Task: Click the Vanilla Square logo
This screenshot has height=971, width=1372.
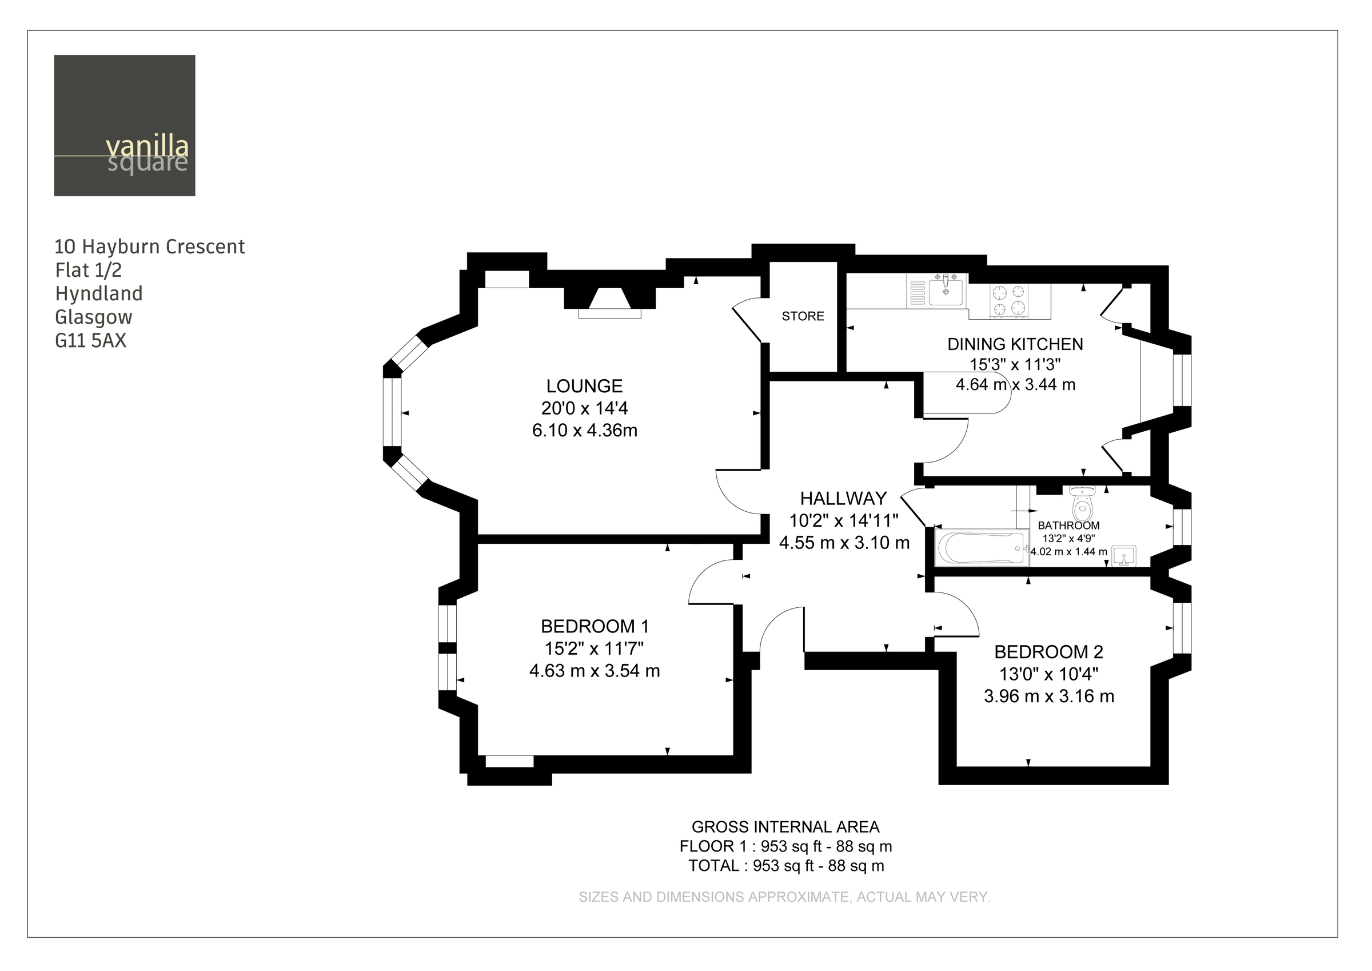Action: pos(124,126)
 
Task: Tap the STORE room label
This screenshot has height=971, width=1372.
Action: pos(803,316)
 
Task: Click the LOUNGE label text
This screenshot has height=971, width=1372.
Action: pos(584,386)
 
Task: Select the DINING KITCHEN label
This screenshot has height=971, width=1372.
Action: pos(1015,344)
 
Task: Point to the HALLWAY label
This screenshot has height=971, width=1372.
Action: pos(843,499)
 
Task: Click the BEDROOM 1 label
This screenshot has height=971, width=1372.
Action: pos(595,627)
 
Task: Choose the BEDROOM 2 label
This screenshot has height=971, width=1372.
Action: pos(1048,652)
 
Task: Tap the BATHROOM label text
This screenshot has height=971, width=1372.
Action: pos(1068,526)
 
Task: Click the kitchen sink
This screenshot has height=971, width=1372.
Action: pos(946,291)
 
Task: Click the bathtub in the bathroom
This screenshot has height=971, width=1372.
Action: pos(981,548)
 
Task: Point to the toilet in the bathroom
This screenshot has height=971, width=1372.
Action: pos(1082,503)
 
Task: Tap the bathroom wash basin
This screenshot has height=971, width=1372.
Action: pos(1123,556)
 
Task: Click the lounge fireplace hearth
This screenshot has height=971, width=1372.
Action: pos(609,313)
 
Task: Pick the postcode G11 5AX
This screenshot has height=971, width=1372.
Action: pos(91,341)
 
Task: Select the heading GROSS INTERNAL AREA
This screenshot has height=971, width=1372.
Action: pos(785,827)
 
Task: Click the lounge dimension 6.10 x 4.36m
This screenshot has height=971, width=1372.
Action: pos(584,431)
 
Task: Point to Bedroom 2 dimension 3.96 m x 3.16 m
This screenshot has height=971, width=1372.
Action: pos(1048,697)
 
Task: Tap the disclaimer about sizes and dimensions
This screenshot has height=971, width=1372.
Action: pos(784,897)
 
